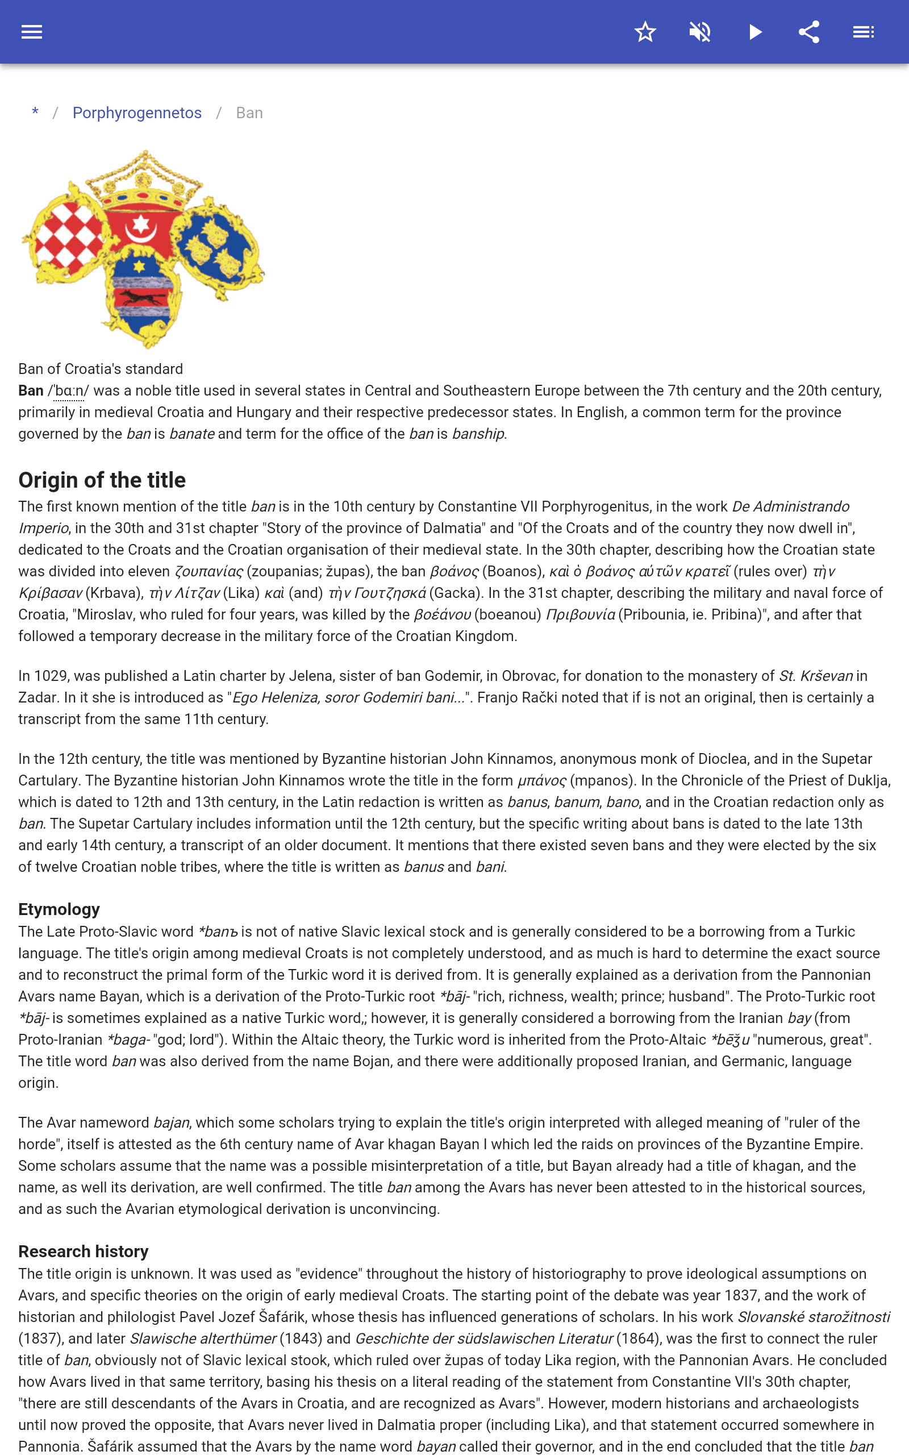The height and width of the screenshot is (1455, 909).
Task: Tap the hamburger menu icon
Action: (32, 32)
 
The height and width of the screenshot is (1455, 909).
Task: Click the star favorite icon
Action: (645, 32)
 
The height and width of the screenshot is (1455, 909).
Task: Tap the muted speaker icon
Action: (700, 32)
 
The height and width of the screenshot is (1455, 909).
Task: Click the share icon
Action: (809, 32)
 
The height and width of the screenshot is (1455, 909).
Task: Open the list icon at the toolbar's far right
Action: (864, 32)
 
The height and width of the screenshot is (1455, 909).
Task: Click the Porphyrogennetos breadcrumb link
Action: (137, 113)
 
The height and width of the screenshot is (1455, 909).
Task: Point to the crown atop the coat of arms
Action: (143, 180)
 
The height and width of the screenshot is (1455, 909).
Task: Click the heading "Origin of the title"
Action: (102, 480)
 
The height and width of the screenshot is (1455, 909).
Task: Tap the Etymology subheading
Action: (59, 909)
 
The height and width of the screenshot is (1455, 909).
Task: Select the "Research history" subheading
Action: (83, 1251)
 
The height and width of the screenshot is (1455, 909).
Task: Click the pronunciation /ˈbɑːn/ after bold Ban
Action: (68, 391)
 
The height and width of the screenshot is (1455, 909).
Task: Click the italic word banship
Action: (478, 434)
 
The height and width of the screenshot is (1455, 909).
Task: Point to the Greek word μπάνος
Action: (541, 780)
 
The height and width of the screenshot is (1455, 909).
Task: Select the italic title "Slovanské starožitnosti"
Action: (813, 1317)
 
